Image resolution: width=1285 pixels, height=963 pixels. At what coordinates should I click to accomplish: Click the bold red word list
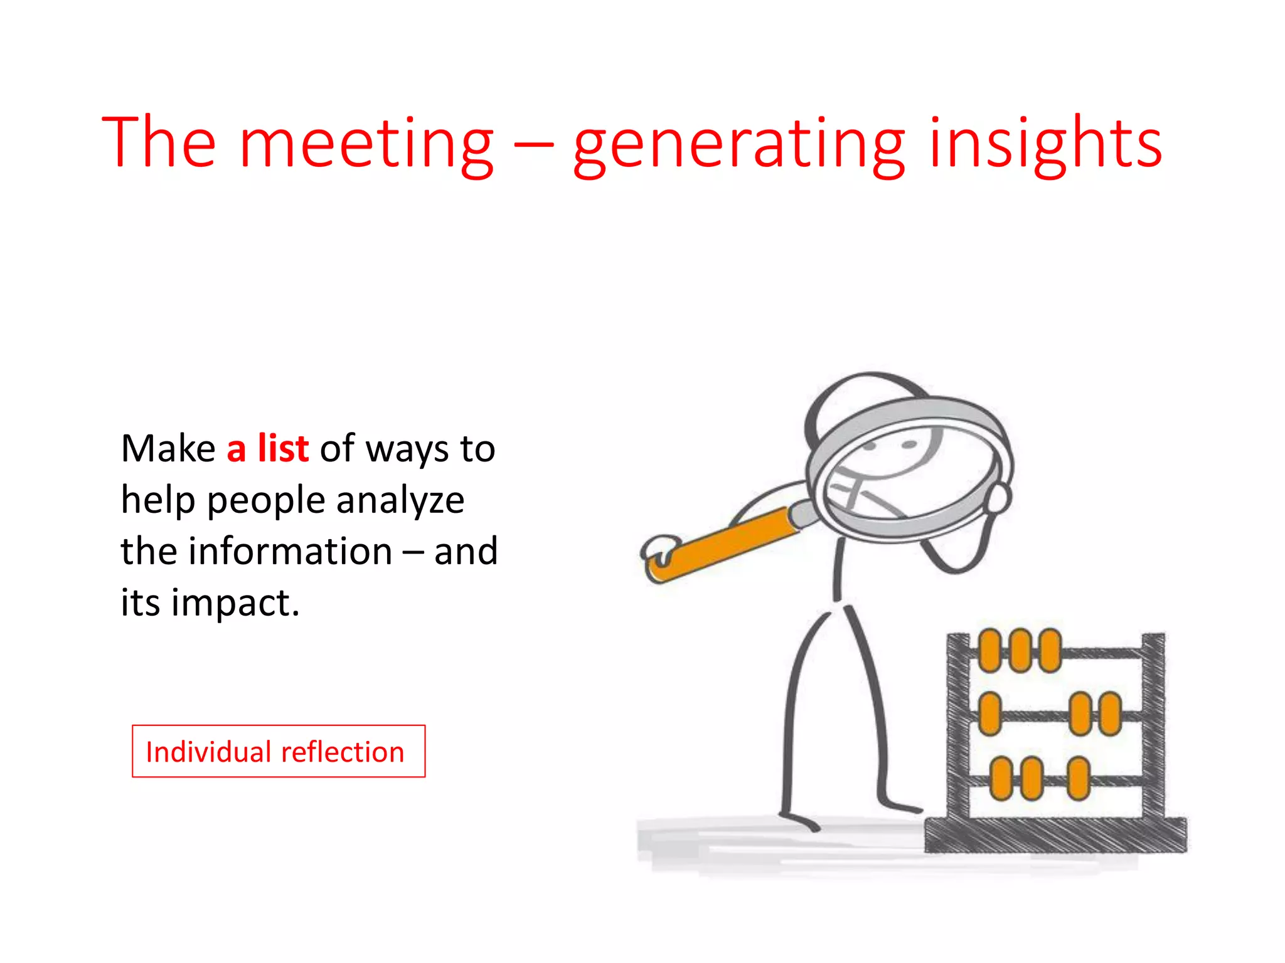(x=283, y=448)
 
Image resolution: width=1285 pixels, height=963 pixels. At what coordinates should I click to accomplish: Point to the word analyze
(x=400, y=502)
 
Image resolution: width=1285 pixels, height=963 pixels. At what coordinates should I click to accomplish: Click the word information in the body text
(x=291, y=551)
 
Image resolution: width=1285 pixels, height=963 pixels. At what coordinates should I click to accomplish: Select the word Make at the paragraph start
(x=168, y=449)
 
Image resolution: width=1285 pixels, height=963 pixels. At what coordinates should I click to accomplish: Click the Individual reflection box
(x=279, y=751)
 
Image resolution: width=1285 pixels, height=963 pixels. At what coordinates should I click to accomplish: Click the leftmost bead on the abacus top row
(x=989, y=650)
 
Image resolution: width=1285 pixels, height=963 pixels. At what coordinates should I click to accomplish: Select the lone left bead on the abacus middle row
(x=989, y=713)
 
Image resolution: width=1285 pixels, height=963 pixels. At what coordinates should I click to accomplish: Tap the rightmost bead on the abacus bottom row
(x=1078, y=778)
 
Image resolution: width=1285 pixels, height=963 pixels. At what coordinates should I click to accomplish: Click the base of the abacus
(x=1055, y=835)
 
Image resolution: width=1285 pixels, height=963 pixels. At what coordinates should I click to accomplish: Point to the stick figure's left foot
(x=800, y=820)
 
